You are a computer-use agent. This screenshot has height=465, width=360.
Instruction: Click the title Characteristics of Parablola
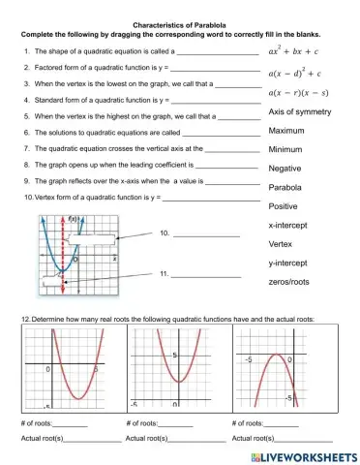coord(180,7)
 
